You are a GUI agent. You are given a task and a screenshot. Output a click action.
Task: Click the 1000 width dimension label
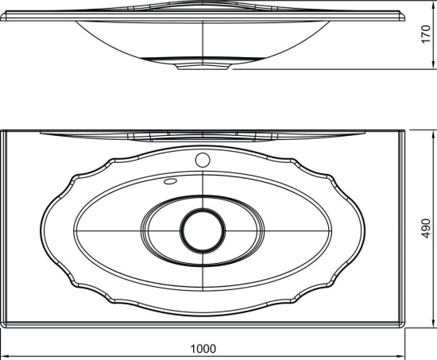click(203, 349)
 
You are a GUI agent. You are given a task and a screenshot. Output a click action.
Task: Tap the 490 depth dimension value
click(426, 228)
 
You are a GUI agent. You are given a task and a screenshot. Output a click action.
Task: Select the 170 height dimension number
click(426, 34)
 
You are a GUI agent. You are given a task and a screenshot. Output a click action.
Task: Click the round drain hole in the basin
click(203, 231)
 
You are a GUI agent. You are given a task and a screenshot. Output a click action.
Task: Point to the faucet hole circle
click(203, 160)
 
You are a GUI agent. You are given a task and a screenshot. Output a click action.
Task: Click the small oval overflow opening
click(170, 181)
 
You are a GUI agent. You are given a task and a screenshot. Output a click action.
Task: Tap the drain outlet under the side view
click(203, 67)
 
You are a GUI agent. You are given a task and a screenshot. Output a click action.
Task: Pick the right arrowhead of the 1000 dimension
click(400, 356)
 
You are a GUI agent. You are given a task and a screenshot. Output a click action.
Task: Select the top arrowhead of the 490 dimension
click(433, 134)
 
